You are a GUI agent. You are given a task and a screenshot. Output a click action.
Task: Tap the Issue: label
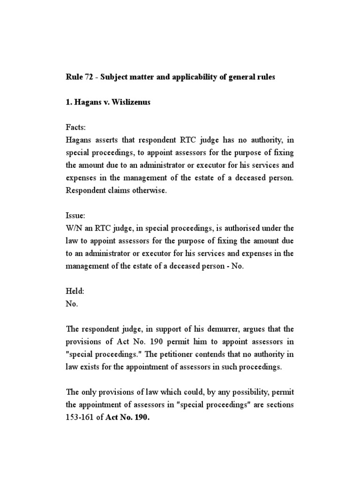tap(75, 215)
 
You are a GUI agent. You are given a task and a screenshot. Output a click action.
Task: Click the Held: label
tap(75, 291)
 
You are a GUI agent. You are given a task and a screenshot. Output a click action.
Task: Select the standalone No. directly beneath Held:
tap(72, 303)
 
